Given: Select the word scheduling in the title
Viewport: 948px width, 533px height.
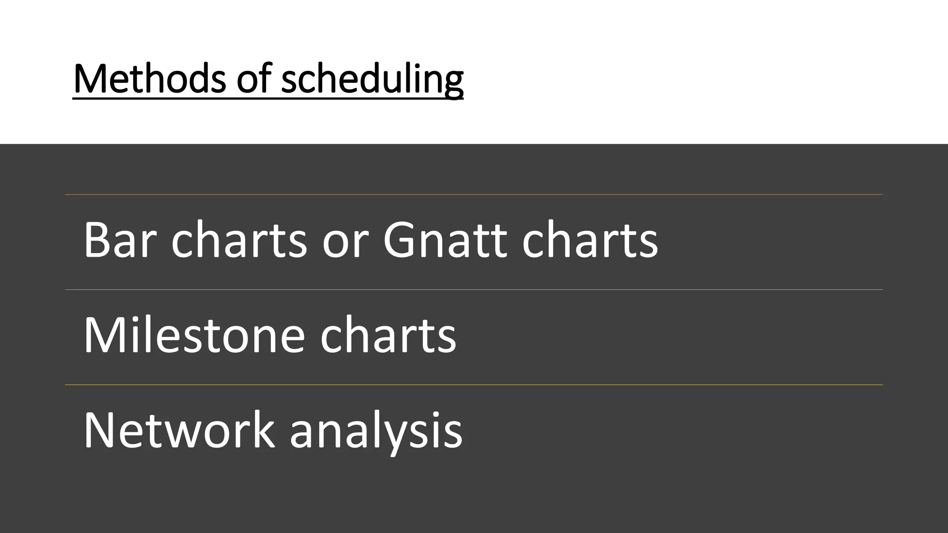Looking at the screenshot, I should (372, 80).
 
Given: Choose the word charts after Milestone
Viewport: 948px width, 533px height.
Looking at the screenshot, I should (388, 335).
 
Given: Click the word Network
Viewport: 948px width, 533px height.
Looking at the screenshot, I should (179, 430).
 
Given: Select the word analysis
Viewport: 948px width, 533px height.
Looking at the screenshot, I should (376, 433).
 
